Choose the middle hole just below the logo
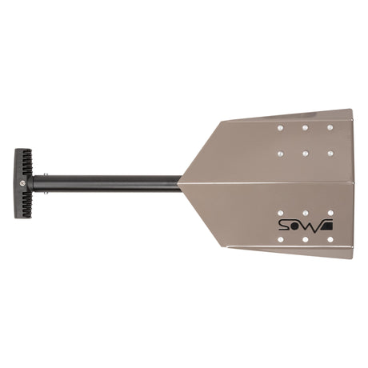[x=305, y=238]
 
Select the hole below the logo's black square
[x=330, y=238]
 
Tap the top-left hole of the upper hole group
[x=280, y=127]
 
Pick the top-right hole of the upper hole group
[x=330, y=127]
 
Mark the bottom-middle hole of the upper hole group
[x=305, y=153]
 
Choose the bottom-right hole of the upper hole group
[x=330, y=153]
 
